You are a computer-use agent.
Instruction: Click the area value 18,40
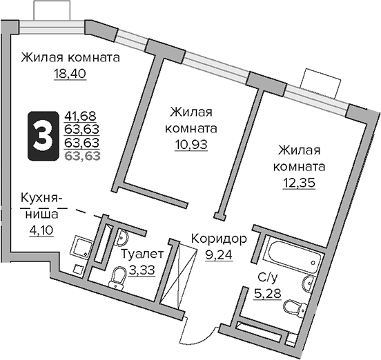(x=69, y=72)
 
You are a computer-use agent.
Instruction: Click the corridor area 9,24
(x=218, y=253)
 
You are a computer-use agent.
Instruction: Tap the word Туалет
(x=143, y=253)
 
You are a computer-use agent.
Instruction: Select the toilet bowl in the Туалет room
(x=117, y=278)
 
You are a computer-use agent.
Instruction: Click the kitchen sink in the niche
(x=84, y=246)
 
